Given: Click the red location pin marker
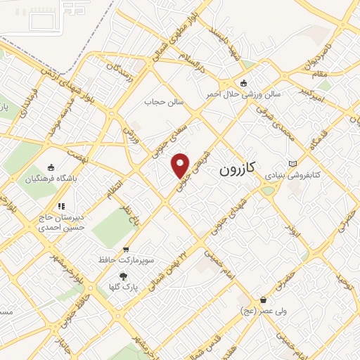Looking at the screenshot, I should pyautogui.click(x=181, y=165).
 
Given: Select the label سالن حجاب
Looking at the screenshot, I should pyautogui.click(x=164, y=103).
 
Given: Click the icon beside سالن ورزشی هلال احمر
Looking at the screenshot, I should pyautogui.click(x=244, y=82).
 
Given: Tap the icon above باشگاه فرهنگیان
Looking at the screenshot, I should pyautogui.click(x=50, y=167).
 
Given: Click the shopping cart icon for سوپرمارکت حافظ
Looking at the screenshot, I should pyautogui.click(x=126, y=250).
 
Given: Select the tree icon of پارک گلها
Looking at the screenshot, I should pyautogui.click(x=123, y=276).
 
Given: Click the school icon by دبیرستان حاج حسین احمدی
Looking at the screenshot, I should pyautogui.click(x=61, y=207).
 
